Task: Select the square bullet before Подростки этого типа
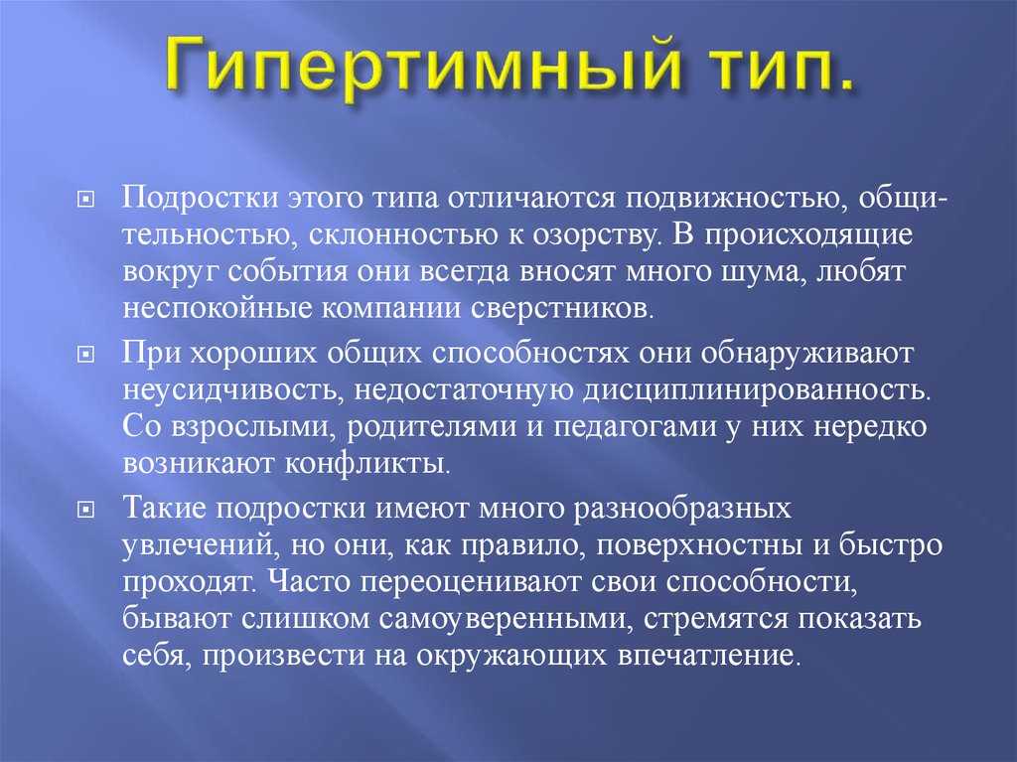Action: pyautogui.click(x=85, y=201)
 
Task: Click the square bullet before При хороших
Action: pyautogui.click(x=85, y=355)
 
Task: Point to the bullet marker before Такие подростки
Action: pyautogui.click(x=85, y=510)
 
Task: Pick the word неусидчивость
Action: pyautogui.click(x=232, y=390)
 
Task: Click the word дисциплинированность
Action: pyautogui.click(x=756, y=390)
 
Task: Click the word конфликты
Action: pyautogui.click(x=366, y=463)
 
